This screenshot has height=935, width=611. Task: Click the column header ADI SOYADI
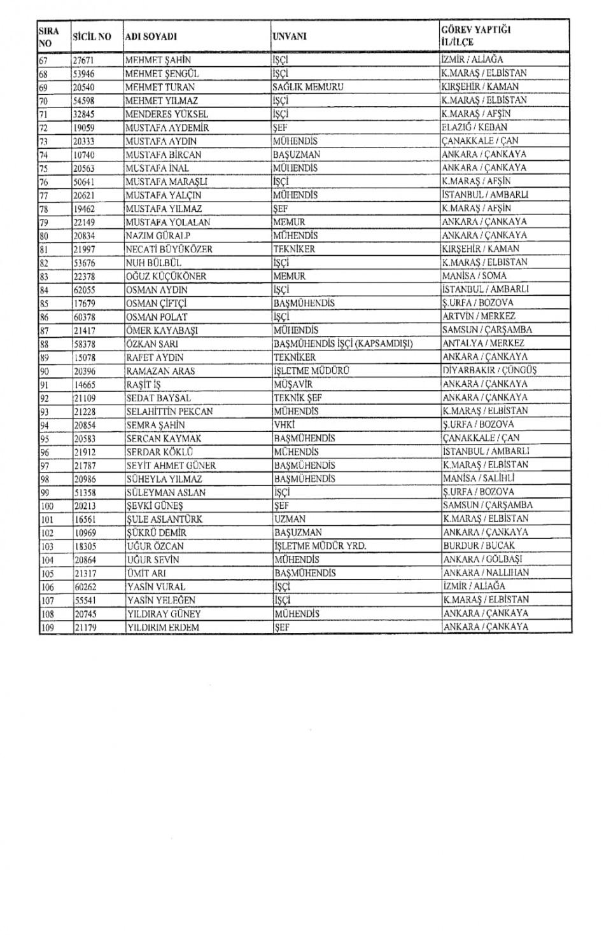click(x=151, y=37)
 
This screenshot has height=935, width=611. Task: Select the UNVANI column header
click(x=290, y=36)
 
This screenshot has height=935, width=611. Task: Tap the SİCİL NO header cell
click(x=92, y=37)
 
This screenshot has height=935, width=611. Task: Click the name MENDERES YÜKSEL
click(x=167, y=114)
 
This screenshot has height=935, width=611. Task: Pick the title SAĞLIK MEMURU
click(x=308, y=87)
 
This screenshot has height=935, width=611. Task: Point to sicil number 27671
click(x=85, y=60)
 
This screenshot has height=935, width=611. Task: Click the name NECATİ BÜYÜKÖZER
click(x=169, y=249)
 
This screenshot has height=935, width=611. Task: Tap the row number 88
click(x=45, y=344)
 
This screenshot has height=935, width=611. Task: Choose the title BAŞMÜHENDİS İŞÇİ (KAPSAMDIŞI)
click(x=343, y=343)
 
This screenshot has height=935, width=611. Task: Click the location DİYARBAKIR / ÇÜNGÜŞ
click(x=489, y=370)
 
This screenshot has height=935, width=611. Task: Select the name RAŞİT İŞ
click(x=143, y=384)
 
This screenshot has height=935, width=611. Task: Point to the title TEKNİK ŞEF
click(x=297, y=398)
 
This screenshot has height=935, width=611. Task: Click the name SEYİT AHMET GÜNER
click(x=171, y=465)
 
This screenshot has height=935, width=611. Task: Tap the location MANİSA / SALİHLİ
click(x=479, y=478)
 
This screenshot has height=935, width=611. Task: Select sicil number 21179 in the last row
click(x=85, y=627)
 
